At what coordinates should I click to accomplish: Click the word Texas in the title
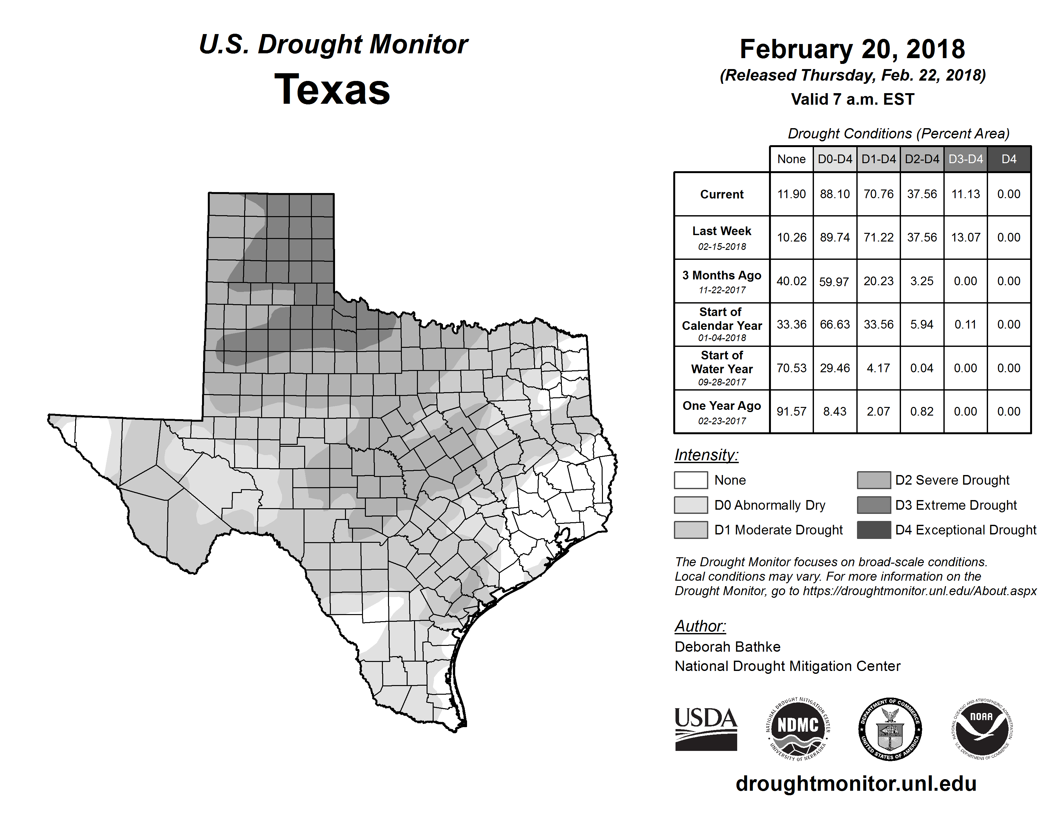click(x=332, y=90)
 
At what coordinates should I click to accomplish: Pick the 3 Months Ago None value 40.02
click(x=791, y=281)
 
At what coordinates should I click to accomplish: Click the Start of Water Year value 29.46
click(x=835, y=368)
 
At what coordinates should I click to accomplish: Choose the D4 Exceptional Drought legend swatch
click(x=874, y=530)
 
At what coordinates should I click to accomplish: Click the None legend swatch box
click(x=691, y=480)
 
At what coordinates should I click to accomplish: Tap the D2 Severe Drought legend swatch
click(x=874, y=480)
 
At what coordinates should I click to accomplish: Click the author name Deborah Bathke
click(x=727, y=647)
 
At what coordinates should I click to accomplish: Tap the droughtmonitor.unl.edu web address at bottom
click(x=856, y=784)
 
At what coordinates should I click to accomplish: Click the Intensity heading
click(x=706, y=455)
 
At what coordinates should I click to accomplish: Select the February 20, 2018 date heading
click(x=852, y=49)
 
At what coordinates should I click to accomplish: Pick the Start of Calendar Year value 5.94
click(x=922, y=325)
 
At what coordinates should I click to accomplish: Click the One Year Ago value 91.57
click(x=791, y=411)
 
